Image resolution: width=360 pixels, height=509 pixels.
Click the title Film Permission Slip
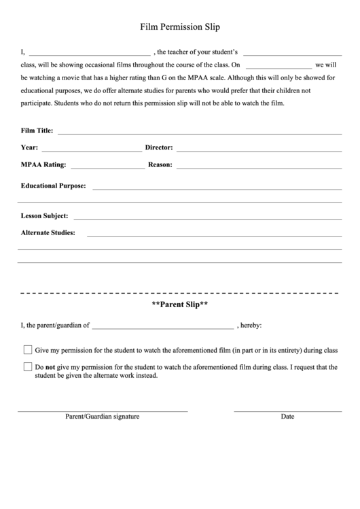(x=180, y=27)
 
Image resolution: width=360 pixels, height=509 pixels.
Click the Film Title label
(x=37, y=130)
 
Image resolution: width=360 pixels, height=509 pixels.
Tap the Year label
(x=30, y=147)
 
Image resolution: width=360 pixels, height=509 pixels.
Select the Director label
(x=159, y=147)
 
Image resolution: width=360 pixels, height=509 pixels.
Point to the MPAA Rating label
(x=43, y=164)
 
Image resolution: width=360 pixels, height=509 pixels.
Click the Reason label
(x=160, y=164)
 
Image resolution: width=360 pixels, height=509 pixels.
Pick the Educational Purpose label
(x=54, y=185)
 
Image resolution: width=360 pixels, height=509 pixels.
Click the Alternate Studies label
(x=48, y=233)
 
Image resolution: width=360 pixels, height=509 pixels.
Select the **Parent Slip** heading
(x=180, y=305)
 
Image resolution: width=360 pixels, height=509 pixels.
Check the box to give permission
(x=28, y=350)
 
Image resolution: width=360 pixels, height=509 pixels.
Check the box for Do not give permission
(x=28, y=367)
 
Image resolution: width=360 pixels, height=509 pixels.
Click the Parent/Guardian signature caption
(x=103, y=417)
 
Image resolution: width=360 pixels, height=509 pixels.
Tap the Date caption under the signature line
(x=287, y=417)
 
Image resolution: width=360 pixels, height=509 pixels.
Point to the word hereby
(x=250, y=326)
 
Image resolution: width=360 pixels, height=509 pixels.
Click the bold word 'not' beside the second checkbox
(x=50, y=367)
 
